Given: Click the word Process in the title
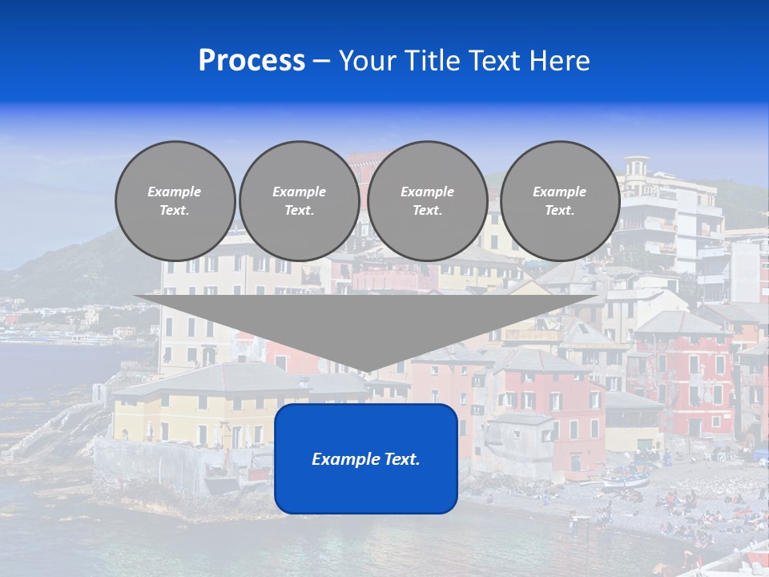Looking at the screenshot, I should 252,61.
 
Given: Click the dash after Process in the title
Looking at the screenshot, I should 321,63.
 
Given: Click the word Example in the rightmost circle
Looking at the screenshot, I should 559,192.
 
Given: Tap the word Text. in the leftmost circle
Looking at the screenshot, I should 175,211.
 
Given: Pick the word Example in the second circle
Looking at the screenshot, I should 299,192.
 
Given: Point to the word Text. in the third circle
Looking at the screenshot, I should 428,211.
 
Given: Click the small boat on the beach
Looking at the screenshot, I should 626,481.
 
